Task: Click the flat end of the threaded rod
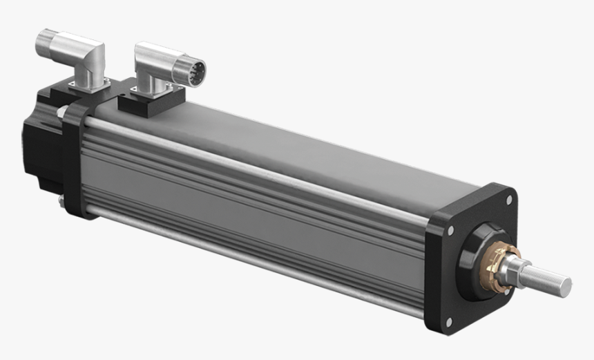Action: [x=566, y=284]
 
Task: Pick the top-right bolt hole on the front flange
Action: [x=509, y=200]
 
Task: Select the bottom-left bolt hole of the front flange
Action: [x=448, y=321]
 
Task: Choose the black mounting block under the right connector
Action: [x=148, y=104]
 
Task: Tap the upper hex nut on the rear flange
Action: [x=62, y=111]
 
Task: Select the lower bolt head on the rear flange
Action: [x=61, y=201]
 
